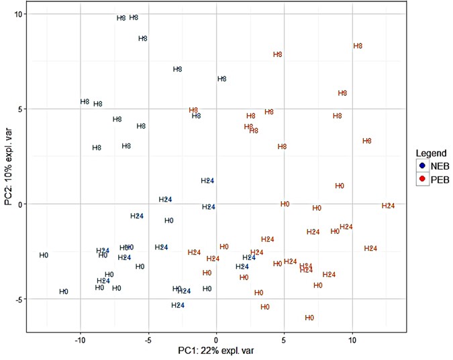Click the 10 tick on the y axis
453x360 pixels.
pos(19,14)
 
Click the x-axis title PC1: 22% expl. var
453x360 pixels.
pos(215,351)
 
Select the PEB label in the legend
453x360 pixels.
pos(440,179)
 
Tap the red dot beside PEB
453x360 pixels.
pos(422,179)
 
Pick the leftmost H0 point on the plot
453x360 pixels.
pos(44,255)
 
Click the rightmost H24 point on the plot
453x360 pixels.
pos(388,206)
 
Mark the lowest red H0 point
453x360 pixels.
pos(309,318)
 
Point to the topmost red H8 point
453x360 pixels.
pos(358,46)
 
